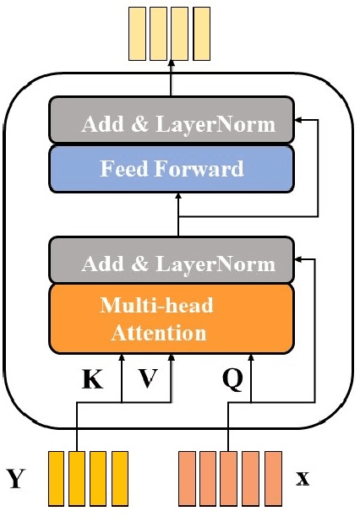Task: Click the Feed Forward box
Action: click(x=172, y=168)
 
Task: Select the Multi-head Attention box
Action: click(x=172, y=317)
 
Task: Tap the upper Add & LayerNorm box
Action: click(x=172, y=124)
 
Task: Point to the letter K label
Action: click(x=92, y=380)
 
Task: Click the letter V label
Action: click(x=148, y=380)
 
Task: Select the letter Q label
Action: click(x=232, y=380)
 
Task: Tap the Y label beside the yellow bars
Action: click(x=16, y=479)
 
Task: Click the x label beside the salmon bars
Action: click(x=303, y=479)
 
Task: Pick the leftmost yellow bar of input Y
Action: click(x=57, y=478)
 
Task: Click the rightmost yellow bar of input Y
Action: click(x=119, y=478)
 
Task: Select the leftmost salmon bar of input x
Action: click(x=187, y=478)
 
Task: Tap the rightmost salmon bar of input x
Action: click(x=273, y=478)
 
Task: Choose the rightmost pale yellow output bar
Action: click(x=201, y=33)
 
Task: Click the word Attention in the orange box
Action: click(x=159, y=332)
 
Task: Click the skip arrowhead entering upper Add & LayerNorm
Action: click(x=300, y=121)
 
